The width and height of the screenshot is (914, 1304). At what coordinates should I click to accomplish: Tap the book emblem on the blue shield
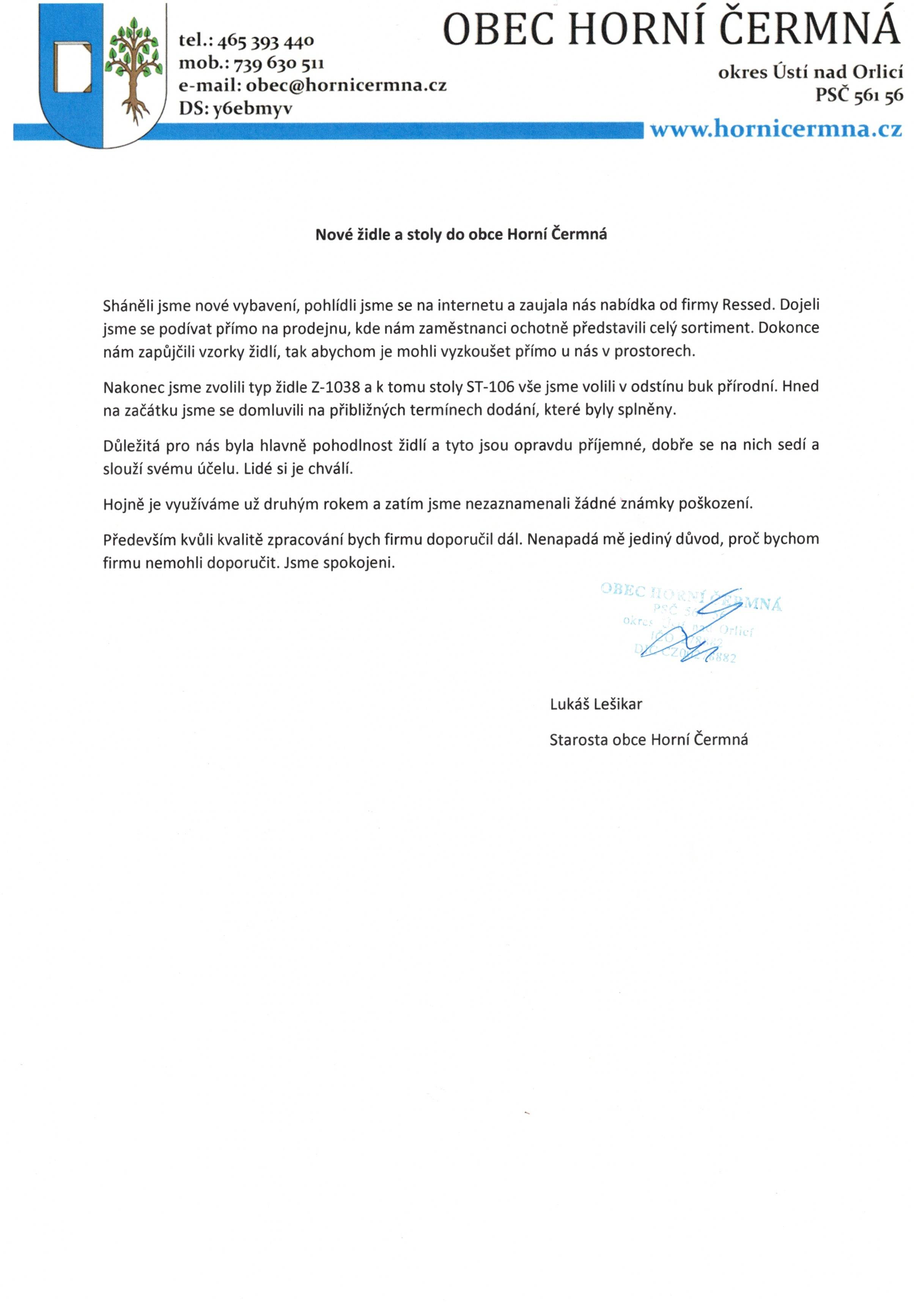click(x=72, y=67)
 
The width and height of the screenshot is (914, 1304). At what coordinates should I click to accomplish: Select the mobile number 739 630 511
click(x=278, y=63)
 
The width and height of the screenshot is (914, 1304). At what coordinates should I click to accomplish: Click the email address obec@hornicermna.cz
click(x=346, y=85)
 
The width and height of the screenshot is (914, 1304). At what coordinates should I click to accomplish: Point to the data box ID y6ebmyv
click(x=252, y=108)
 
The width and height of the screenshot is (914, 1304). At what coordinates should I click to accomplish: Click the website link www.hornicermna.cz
click(x=776, y=129)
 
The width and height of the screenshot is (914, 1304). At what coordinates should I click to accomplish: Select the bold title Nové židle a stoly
click(x=461, y=234)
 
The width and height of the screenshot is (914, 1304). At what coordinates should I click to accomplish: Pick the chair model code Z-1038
click(x=335, y=387)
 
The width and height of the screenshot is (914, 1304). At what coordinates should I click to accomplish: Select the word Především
click(x=139, y=539)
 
